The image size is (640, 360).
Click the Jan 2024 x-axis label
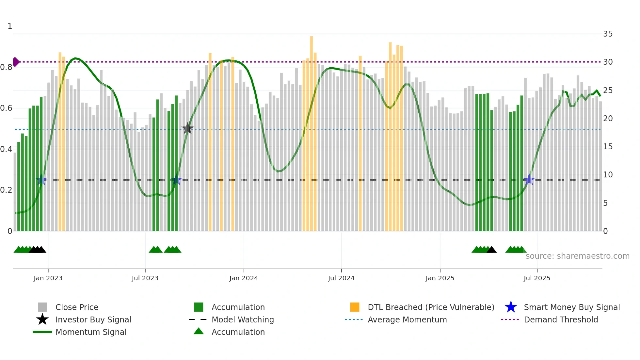coord(244,278)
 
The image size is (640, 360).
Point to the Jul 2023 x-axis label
coord(145,278)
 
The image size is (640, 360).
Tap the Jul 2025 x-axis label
coord(537,278)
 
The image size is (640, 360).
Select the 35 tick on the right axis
coord(608,34)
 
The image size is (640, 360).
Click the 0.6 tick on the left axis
coord(6,108)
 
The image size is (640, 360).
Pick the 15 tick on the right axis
coord(608,147)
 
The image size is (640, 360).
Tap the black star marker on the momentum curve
coord(187,129)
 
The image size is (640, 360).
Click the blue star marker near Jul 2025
coord(529,180)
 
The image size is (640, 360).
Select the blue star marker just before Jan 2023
coord(41,180)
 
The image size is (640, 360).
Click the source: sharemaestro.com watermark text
coord(577,256)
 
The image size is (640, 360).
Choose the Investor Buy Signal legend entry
coord(93,319)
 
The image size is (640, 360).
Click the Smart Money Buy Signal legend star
coord(511,307)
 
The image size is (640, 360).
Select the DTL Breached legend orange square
coord(355,307)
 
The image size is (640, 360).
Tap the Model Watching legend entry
coord(242,319)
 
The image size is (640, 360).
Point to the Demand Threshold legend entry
coord(561,319)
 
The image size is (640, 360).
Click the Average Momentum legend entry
coord(407,319)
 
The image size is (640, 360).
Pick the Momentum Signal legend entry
coord(91,332)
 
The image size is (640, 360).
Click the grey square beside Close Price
coord(42,307)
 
